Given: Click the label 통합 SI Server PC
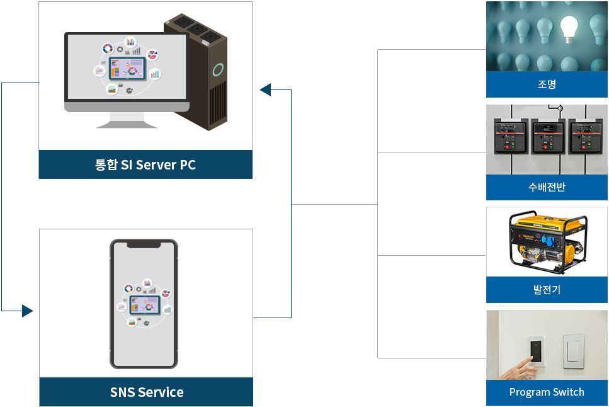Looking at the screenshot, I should coord(145,165).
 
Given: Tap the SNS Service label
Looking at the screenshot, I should coord(147,392).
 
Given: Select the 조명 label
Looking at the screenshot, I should coord(547,84).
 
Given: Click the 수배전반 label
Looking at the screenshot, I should coord(547,187).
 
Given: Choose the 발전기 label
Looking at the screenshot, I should coord(547,290).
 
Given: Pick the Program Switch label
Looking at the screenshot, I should coord(547,392).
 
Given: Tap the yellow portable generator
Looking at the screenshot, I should coord(547,242).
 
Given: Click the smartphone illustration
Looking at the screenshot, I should coord(144,304).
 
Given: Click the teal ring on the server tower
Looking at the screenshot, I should coord(218,70).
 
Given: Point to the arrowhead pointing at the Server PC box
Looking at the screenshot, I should coord(265,90).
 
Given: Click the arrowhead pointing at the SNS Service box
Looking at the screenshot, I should coord(27,311).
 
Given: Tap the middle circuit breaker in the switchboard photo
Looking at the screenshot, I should coord(547,138).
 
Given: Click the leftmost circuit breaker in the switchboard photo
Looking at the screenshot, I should coord(508,138).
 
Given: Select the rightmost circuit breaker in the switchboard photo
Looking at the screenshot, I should coord(584,138).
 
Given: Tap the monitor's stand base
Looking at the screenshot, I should coord(127,123).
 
